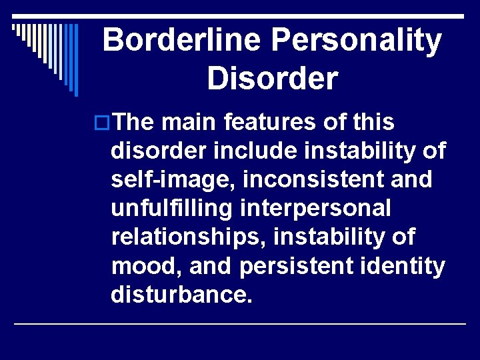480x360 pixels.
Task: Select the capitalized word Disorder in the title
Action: coord(272,79)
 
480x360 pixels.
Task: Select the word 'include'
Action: coord(243,152)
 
